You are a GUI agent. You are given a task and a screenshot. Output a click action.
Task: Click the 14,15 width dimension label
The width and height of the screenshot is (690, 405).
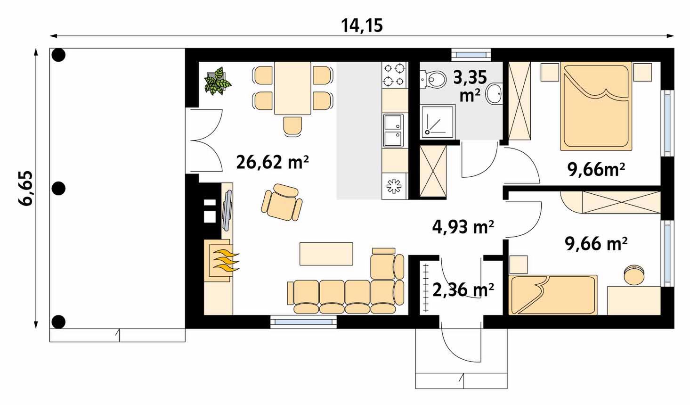pos(362,25)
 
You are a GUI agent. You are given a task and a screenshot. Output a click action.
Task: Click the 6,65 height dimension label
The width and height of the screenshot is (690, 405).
pos(25,188)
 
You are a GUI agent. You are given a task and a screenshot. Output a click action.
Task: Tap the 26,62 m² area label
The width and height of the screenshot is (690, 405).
pos(272,162)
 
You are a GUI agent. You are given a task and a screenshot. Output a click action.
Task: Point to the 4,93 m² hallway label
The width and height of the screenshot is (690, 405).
pos(463,227)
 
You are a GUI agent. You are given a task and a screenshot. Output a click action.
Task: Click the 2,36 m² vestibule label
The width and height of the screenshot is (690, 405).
pos(463,289)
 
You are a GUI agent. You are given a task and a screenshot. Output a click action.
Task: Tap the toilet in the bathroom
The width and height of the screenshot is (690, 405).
pos(433,80)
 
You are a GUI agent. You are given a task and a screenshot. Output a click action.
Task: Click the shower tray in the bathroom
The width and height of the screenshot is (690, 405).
pos(438,122)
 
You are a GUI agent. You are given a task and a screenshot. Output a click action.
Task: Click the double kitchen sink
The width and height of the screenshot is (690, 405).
pos(393,131)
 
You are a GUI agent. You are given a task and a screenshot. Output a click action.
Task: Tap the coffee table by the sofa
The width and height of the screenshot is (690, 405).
pos(326,254)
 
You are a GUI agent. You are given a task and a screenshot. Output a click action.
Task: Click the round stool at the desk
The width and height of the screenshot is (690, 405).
pos(634,274)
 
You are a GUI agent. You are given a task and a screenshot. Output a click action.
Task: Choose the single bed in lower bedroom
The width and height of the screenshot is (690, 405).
pos(553,295)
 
